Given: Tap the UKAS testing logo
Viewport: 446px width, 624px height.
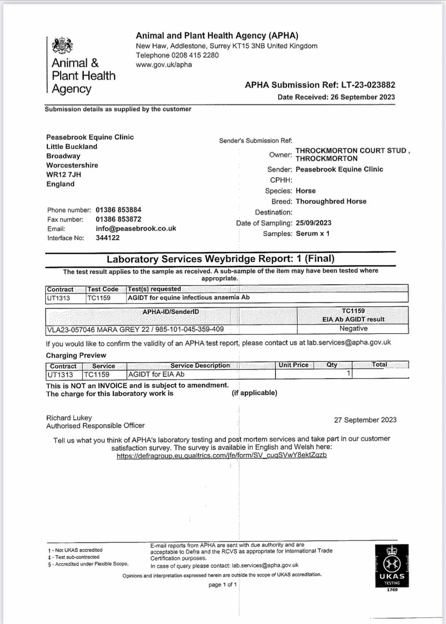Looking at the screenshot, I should pyautogui.click(x=391, y=566).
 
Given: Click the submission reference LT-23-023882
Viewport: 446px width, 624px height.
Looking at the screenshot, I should pyautogui.click(x=368, y=85).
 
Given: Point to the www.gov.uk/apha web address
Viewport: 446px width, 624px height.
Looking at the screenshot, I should pyautogui.click(x=164, y=65).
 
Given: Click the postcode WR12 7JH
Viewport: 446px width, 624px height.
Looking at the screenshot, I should pyautogui.click(x=64, y=175).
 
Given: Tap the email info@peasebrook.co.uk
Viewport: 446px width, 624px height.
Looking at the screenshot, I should pyautogui.click(x=136, y=229).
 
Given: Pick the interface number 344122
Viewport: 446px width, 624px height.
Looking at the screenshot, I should pyautogui.click(x=107, y=238).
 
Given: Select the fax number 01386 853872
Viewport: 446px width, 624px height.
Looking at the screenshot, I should pyautogui.click(x=118, y=219).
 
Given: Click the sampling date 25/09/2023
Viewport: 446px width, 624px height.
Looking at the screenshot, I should pyautogui.click(x=313, y=223).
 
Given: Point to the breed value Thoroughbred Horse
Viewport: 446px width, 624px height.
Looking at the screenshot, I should pyautogui.click(x=331, y=201).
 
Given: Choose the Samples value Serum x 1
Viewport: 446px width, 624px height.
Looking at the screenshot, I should pyautogui.click(x=313, y=234).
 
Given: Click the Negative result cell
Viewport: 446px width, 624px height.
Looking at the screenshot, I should pyautogui.click(x=353, y=329).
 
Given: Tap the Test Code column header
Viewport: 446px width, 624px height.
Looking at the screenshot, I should pyautogui.click(x=103, y=289).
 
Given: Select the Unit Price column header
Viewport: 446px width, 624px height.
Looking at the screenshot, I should pyautogui.click(x=293, y=365).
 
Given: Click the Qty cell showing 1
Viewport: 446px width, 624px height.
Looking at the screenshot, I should pyautogui.click(x=348, y=374).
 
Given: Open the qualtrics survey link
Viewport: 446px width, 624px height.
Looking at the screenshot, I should pyautogui.click(x=221, y=456).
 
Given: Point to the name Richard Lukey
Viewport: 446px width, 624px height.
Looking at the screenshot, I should pyautogui.click(x=69, y=418).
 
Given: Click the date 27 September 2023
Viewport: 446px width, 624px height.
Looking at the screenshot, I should pyautogui.click(x=365, y=420).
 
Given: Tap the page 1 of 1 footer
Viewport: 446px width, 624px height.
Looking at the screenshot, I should pyautogui.click(x=223, y=585).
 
